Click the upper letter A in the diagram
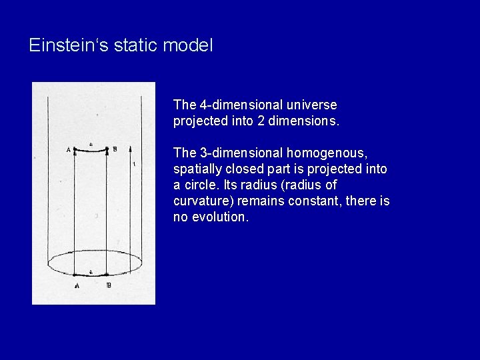tap(69, 149)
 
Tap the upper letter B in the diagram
tap(114, 149)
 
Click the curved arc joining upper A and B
tap(91, 151)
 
